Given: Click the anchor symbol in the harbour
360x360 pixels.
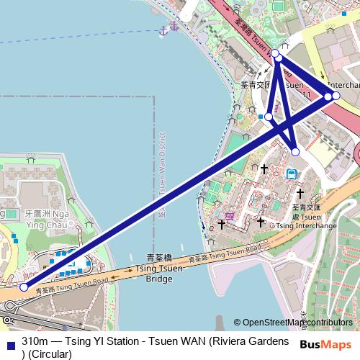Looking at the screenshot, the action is coord(163,29).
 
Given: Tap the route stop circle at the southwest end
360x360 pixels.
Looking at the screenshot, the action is coord(24,287).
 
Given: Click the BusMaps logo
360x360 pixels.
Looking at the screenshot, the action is coord(326,345).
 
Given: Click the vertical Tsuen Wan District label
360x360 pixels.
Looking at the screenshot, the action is coord(163,173).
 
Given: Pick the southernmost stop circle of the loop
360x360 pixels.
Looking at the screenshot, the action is coord(295,151).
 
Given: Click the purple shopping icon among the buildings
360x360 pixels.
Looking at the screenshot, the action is coord(229,215).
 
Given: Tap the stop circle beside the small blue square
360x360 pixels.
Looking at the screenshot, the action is coord(269,116).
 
